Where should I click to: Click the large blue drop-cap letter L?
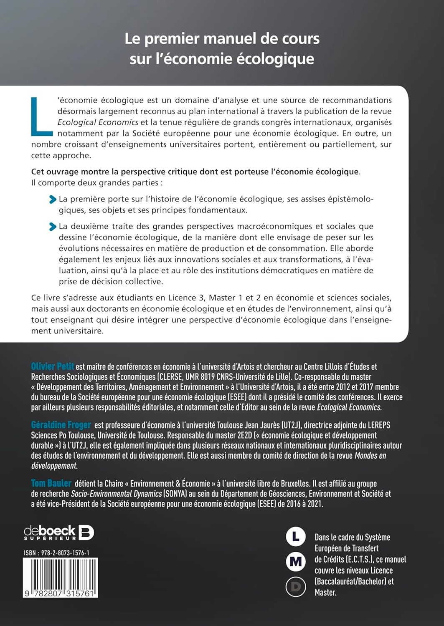tap(42, 117)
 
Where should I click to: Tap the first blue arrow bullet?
tap(53, 199)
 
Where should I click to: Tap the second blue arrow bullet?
tap(53, 227)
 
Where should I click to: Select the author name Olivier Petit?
tap(53, 366)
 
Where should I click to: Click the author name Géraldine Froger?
tap(61, 425)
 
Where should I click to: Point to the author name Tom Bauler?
tap(51, 483)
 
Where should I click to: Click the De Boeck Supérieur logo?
tap(59, 533)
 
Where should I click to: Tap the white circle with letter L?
tap(296, 536)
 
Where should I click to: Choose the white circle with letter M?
tap(296, 562)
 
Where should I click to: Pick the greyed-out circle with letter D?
tap(296, 587)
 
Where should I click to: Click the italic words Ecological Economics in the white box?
tap(98, 122)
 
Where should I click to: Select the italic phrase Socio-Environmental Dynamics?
tap(116, 494)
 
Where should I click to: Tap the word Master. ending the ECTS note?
tap(325, 592)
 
